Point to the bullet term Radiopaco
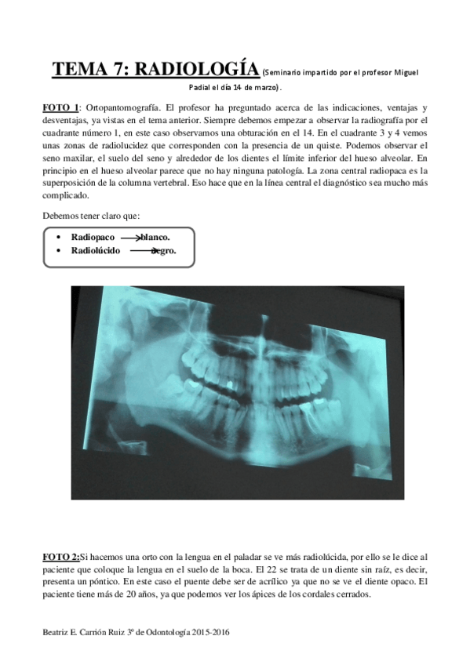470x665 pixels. point(93,236)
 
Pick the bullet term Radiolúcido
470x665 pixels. point(96,250)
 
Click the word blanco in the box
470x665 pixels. point(155,236)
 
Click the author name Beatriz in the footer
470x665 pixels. point(56,631)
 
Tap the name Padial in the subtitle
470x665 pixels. point(202,87)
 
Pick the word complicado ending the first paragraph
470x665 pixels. point(67,195)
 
